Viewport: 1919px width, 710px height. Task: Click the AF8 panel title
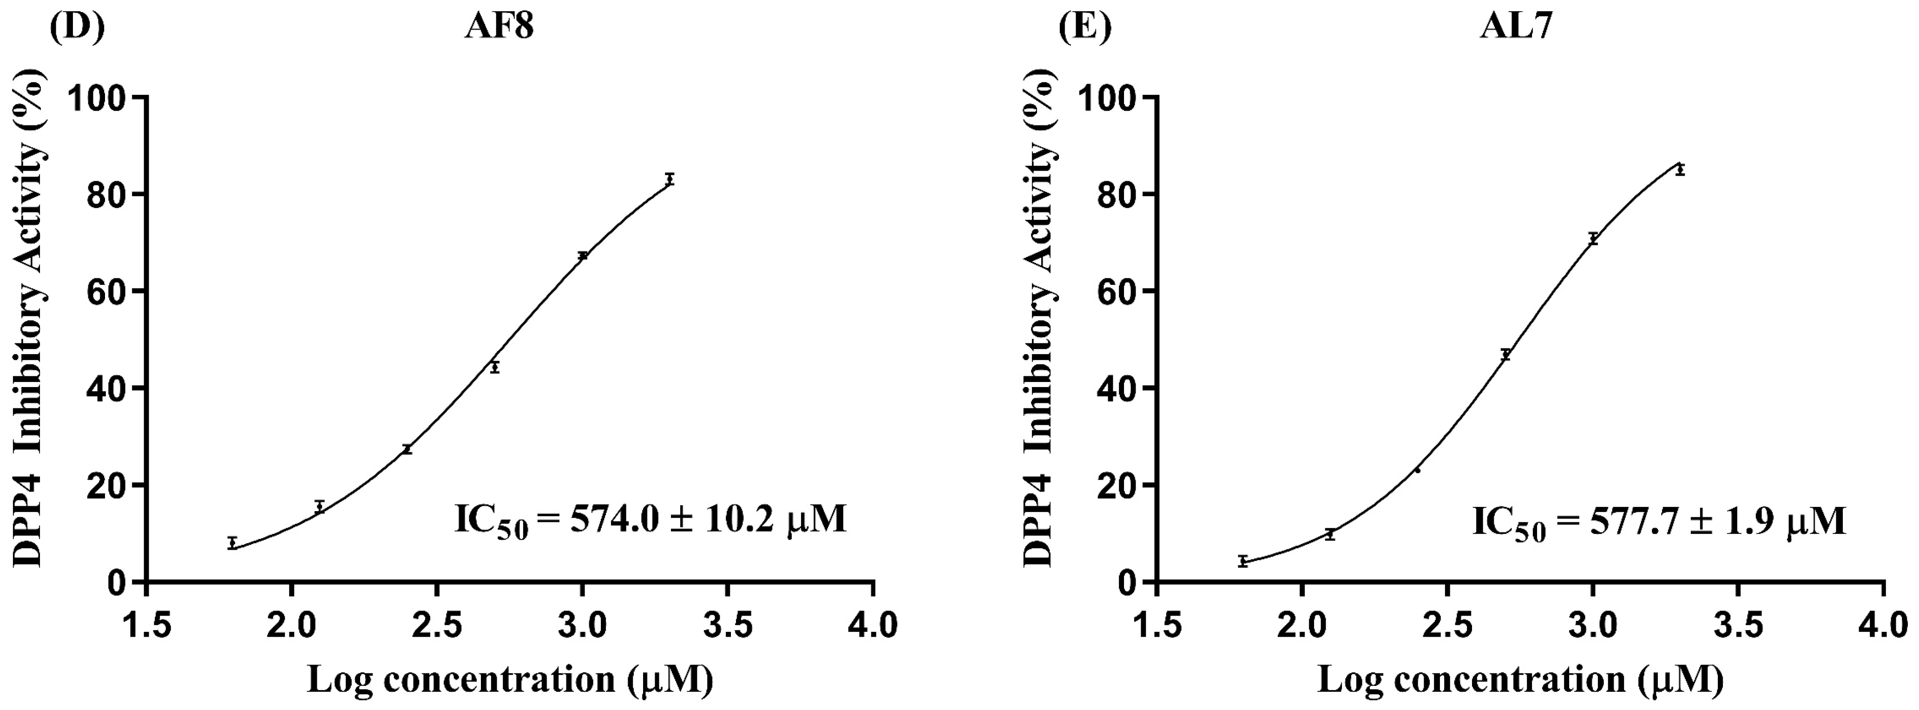499,27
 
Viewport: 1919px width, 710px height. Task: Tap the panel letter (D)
77,27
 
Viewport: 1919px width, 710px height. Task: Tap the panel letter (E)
1084,27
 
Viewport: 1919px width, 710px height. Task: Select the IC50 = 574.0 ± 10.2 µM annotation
651,520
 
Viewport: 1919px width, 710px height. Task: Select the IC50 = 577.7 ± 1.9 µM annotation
1659,521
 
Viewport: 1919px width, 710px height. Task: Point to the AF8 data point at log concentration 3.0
583,256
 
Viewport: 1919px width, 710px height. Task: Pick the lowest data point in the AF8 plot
232,543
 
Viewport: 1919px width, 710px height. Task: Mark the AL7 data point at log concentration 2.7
1505,355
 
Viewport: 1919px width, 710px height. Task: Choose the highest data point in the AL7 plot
1680,171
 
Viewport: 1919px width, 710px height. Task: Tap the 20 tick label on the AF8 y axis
108,485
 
